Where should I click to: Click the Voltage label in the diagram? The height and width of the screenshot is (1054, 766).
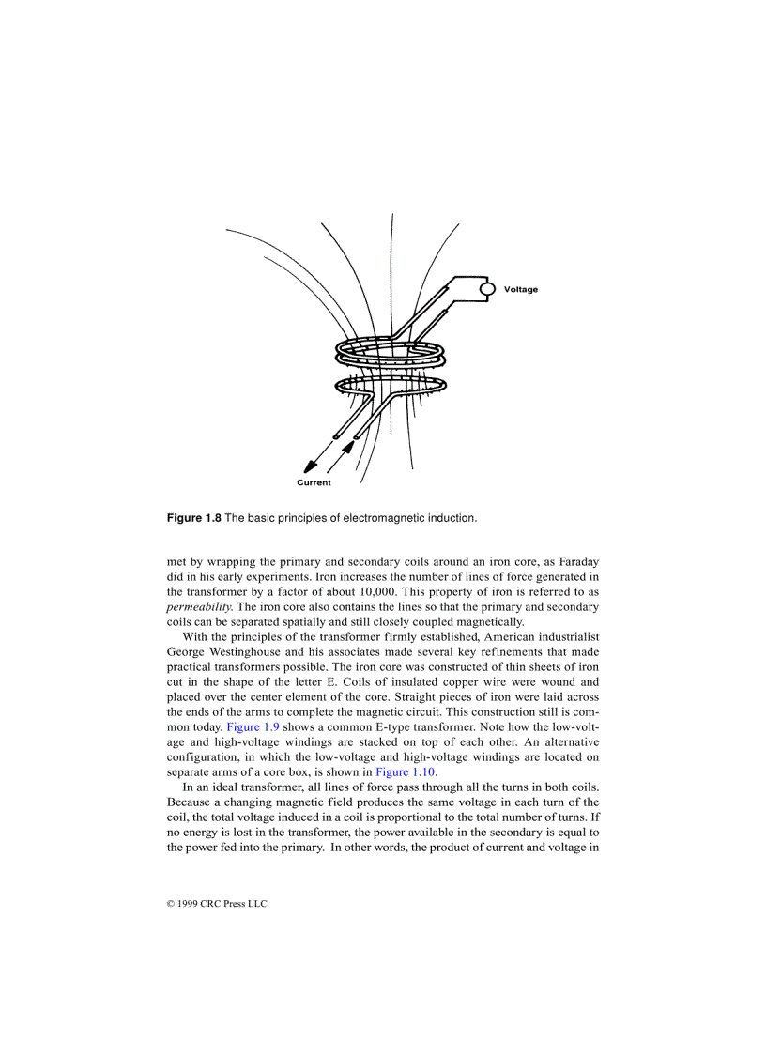click(521, 290)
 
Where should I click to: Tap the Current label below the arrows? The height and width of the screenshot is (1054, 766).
click(314, 483)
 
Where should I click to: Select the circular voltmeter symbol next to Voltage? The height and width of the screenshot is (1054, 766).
click(487, 290)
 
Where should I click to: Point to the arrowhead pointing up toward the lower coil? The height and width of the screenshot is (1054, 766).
click(349, 447)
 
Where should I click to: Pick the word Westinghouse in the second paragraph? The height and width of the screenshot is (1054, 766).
click(245, 651)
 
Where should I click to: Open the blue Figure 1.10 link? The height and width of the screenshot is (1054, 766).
click(405, 771)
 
